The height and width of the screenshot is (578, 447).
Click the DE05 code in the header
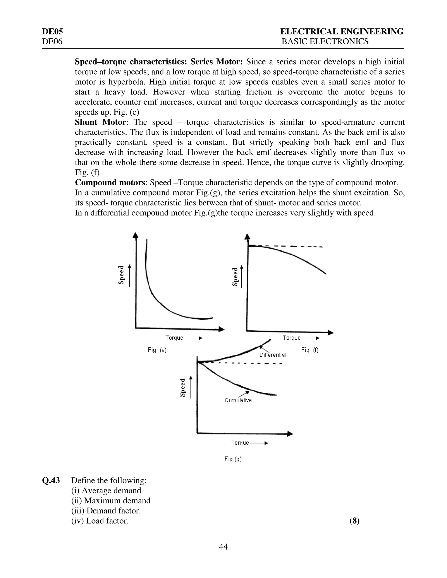point(52,32)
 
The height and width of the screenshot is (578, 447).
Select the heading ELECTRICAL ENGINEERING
point(342,32)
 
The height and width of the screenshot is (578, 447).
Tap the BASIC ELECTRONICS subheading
point(325,41)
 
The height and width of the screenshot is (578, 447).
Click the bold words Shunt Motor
point(100,122)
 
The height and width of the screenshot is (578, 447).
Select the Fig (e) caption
point(157,350)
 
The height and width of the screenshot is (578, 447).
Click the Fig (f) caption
point(309,350)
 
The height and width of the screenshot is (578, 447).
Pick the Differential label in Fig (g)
point(272,355)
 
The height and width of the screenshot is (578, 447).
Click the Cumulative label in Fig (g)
point(238,400)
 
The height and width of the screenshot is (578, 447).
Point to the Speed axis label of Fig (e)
point(121,275)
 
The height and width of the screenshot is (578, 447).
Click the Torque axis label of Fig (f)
point(292,338)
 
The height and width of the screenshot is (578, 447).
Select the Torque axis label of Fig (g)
point(240,443)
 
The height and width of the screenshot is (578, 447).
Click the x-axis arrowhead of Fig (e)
point(222,329)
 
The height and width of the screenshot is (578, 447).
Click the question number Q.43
point(51,481)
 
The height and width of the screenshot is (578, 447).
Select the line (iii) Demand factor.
point(106,511)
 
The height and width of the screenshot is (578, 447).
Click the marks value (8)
point(354,521)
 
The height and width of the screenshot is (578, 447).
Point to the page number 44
point(223,547)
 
